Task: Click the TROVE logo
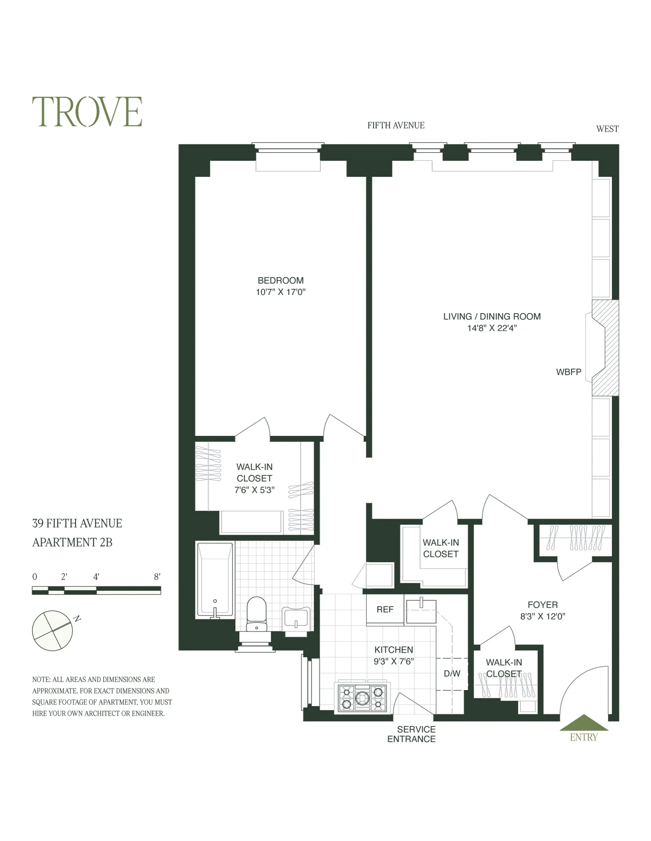[x=87, y=112]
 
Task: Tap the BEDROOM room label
[x=280, y=281]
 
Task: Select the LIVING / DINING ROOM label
[x=492, y=317]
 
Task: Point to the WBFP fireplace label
[x=568, y=372]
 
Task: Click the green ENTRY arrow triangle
[x=584, y=723]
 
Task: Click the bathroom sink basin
[x=296, y=618]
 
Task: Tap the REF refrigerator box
[x=385, y=609]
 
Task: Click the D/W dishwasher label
[x=452, y=674]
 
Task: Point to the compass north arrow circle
[x=53, y=631]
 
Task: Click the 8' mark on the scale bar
[x=157, y=577]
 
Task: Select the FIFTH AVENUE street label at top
[x=396, y=126]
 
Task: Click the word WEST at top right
[x=607, y=129]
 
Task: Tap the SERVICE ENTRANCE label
[x=412, y=734]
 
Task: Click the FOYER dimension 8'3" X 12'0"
[x=542, y=617]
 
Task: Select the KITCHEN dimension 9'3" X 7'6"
[x=394, y=661]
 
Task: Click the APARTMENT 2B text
[x=72, y=543]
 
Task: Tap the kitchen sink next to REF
[x=421, y=611]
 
